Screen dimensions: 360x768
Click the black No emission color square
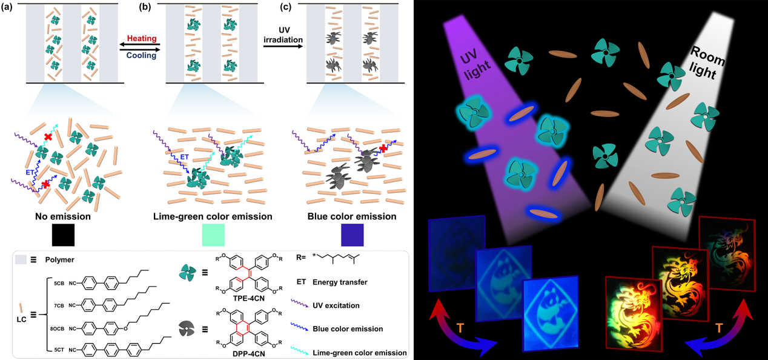[x=63, y=233]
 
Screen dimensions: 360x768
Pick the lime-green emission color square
[x=213, y=233]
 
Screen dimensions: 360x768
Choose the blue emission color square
[x=352, y=233]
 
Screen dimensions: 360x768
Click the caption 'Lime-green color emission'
[x=213, y=216]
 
